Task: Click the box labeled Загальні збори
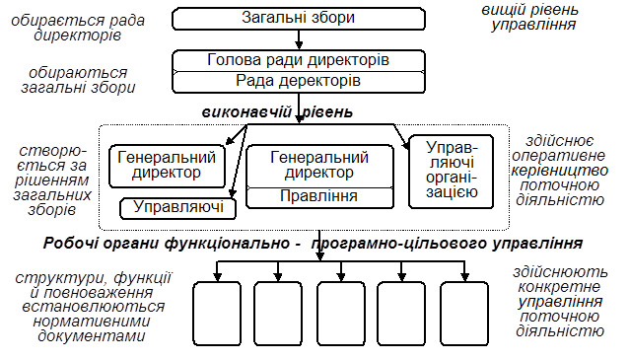coord(299,19)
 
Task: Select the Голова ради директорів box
coord(299,60)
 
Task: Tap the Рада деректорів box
coord(299,82)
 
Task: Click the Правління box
coord(319,197)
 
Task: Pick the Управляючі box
coord(177,208)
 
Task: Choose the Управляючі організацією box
coord(451,172)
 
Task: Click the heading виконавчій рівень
coord(277,112)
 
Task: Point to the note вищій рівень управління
coord(530,17)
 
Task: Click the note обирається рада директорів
coord(78,28)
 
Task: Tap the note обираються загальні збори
coord(78,80)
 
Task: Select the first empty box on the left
coord(217,314)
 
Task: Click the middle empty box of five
coord(341,314)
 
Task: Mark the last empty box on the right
coord(464,314)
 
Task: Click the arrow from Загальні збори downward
coord(299,39)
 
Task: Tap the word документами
coord(92,336)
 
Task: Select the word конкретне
coord(559,287)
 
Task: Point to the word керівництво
coord(560,171)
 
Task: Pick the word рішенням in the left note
coord(51,180)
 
